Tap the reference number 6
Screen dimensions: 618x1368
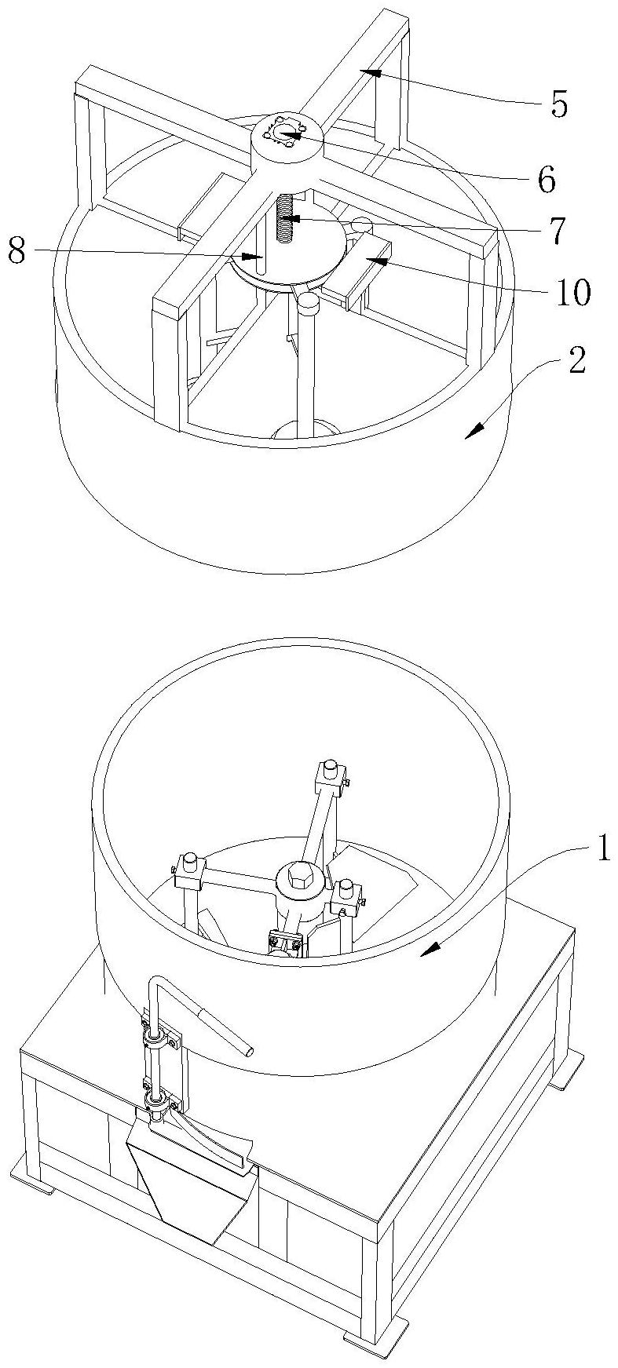(x=547, y=181)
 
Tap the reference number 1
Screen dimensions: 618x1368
(x=602, y=852)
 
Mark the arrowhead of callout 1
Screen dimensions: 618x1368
(x=425, y=952)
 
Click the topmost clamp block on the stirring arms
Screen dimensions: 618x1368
(x=330, y=777)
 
